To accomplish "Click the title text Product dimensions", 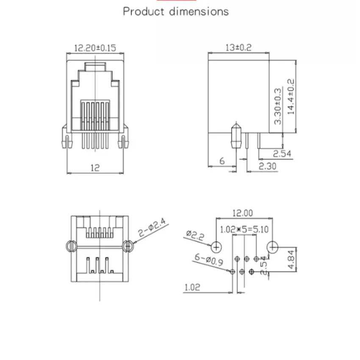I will coord(176,11).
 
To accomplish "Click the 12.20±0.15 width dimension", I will coord(95,48).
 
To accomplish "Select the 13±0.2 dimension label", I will coord(238,47).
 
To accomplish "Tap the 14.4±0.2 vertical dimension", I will coord(291,97).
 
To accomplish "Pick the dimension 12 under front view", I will coord(95,168).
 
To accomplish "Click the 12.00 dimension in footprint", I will coord(242,213).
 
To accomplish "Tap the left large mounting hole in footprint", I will coord(216,246).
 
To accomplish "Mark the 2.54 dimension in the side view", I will coord(282,153).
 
